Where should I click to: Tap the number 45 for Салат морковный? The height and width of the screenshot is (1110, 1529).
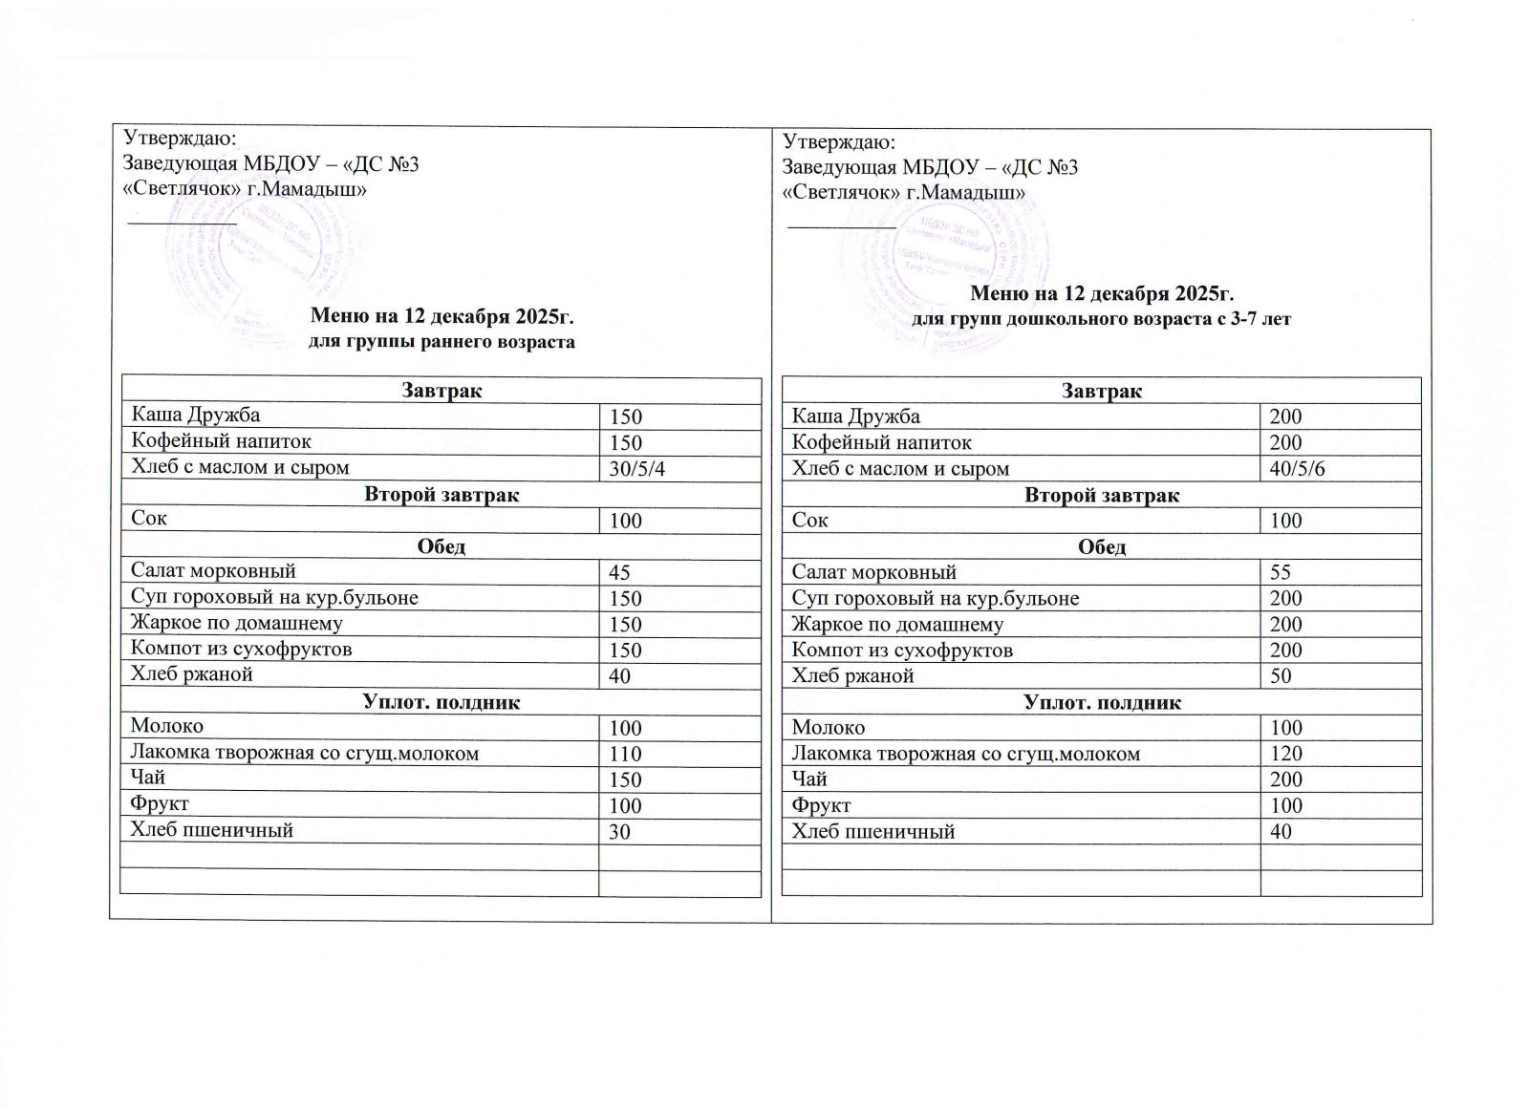619,573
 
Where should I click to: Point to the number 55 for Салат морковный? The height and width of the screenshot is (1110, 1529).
1281,573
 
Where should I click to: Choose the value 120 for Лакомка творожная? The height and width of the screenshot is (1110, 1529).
1285,754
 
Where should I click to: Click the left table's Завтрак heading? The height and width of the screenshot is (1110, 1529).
441,391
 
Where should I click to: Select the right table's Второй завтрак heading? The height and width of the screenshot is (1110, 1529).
1101,496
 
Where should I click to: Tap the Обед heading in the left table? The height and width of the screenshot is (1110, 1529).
441,547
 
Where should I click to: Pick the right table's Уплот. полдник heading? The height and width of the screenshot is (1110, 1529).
1101,703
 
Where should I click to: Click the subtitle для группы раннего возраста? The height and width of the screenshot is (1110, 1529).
443,342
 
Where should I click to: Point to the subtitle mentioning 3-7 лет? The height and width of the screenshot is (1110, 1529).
1101,319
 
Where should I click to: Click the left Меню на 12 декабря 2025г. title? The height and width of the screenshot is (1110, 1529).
443,315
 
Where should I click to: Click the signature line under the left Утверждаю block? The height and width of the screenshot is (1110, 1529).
182,222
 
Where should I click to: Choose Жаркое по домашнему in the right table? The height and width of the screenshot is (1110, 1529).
898,625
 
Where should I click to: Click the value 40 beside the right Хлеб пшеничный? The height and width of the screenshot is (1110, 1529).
1281,832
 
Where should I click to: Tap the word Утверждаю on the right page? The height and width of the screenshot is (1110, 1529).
837,142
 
